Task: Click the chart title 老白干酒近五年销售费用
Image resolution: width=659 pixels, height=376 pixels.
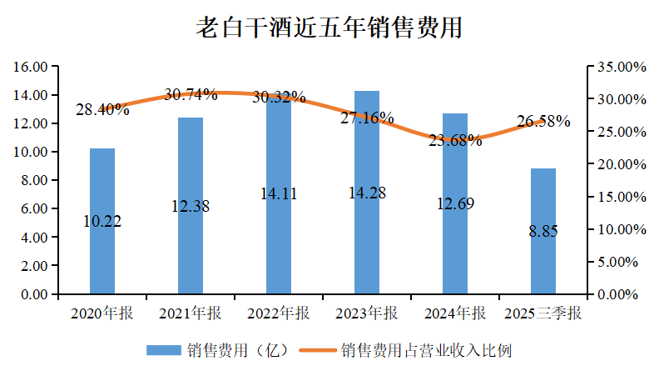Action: [x=329, y=28]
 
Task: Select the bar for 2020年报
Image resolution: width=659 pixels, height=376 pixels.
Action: [x=102, y=250]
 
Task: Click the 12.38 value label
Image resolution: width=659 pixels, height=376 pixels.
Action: [x=191, y=206]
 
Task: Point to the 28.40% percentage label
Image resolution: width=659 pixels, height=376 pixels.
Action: [x=102, y=109]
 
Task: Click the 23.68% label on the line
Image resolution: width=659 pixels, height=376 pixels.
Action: [x=455, y=140]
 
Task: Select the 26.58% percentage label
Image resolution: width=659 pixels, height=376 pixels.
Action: [x=543, y=122]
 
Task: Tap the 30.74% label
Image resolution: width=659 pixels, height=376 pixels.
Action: [x=191, y=94]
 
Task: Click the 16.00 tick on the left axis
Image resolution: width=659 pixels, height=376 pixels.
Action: [x=32, y=67]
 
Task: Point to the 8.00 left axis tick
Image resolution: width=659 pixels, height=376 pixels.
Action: [x=36, y=181]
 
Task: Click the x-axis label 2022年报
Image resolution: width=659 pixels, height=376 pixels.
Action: [x=279, y=314]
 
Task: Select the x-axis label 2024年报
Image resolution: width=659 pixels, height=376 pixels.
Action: [x=455, y=314]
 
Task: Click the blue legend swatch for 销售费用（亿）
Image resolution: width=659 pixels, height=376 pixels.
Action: [x=164, y=350]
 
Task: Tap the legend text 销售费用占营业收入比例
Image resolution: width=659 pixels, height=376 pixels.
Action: [x=424, y=350]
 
